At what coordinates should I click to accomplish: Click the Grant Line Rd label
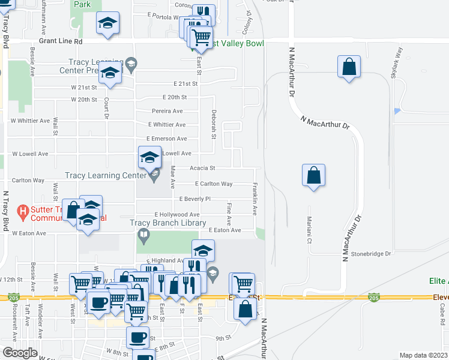[x=60, y=42]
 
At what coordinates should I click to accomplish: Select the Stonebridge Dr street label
[x=371, y=254]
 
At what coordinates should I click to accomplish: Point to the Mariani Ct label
[x=310, y=230]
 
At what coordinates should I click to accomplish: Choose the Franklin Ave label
[x=255, y=199]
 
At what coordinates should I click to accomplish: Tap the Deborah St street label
[x=213, y=124]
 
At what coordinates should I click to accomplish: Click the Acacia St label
[x=203, y=169]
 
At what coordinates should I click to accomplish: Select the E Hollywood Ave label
[x=177, y=214]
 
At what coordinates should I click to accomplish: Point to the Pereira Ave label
[x=167, y=111]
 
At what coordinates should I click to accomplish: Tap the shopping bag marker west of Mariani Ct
[x=313, y=176]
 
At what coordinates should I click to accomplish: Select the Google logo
[x=20, y=353]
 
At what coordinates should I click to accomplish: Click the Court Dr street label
[x=106, y=109]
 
